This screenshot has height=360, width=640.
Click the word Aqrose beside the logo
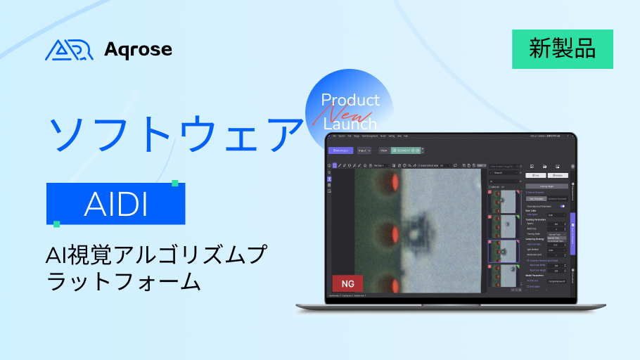(138, 49)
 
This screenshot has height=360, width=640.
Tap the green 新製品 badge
(562, 49)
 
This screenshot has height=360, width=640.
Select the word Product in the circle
(350, 100)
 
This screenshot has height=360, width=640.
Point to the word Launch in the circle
(350, 124)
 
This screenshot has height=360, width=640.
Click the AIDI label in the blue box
(115, 204)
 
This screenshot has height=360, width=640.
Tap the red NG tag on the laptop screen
(347, 283)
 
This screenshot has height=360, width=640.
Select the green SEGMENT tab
(407, 150)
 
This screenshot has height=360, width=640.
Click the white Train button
(536, 175)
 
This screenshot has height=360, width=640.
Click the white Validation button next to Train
(558, 175)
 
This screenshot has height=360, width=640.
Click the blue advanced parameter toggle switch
(563, 206)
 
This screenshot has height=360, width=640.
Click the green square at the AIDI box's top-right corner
(175, 184)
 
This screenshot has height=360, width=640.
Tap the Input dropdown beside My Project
(364, 150)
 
